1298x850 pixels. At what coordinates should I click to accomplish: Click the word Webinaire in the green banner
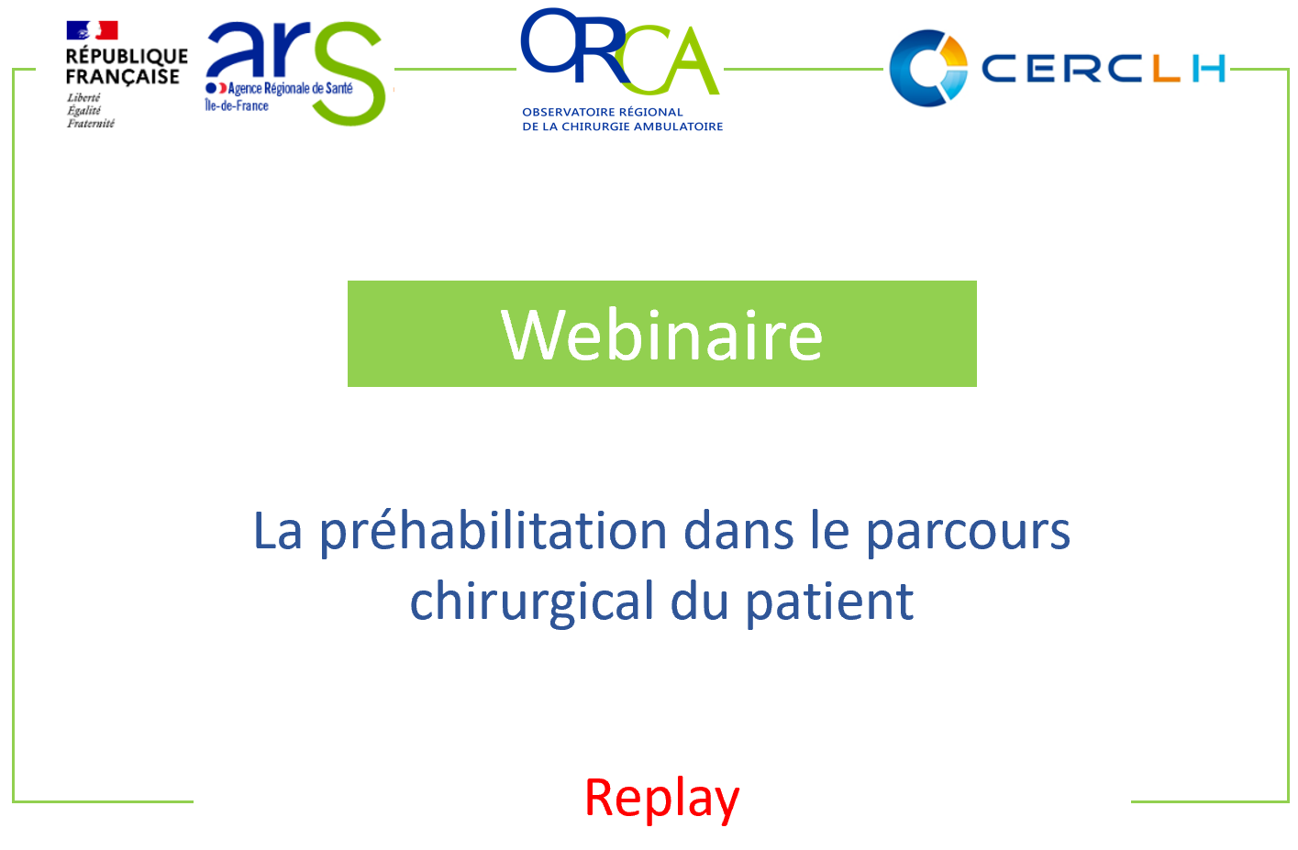point(661,335)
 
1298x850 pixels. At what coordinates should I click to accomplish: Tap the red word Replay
point(661,799)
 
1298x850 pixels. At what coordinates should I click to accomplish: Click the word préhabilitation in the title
point(494,533)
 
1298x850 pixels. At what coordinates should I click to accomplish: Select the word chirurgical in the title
point(533,602)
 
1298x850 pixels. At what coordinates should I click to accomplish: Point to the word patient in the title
point(829,602)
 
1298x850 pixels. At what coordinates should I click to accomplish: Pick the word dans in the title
point(738,531)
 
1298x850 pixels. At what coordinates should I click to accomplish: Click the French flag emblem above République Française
point(92,30)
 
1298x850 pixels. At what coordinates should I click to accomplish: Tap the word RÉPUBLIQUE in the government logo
point(127,56)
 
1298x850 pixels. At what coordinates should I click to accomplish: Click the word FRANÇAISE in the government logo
point(123,77)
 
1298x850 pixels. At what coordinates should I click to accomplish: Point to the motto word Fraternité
point(91,124)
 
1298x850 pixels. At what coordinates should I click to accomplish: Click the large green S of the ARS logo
point(349,72)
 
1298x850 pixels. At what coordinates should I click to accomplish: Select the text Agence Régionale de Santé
point(290,89)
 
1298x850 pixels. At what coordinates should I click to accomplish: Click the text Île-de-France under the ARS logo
point(237,105)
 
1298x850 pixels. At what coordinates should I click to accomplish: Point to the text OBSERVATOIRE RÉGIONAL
point(603,112)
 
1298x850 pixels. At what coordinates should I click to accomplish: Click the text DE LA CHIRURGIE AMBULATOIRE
point(622,127)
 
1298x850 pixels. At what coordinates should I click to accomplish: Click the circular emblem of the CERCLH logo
point(928,69)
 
